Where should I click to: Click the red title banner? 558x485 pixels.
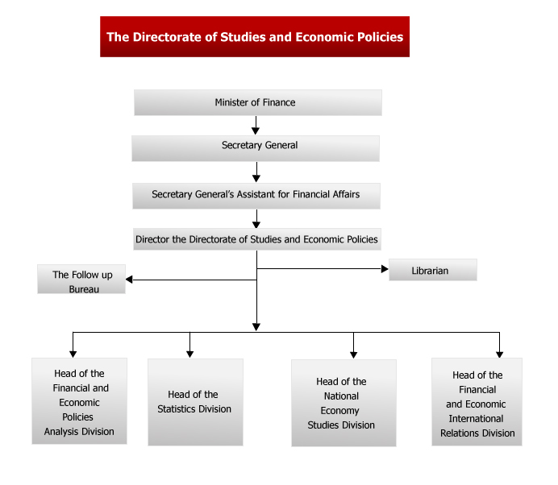(255, 36)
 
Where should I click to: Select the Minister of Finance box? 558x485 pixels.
(258, 102)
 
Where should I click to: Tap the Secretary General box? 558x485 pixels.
(256, 148)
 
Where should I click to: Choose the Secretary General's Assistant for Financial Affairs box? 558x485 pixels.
(256, 196)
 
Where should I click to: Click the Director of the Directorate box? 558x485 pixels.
(257, 239)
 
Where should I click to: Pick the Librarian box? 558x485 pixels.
(433, 270)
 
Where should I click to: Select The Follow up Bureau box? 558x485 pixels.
(81, 279)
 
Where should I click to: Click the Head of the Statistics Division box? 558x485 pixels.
(195, 402)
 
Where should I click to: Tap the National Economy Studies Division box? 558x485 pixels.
(344, 403)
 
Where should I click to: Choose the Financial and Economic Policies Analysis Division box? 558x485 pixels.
(79, 401)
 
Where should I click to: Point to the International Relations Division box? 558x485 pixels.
(477, 402)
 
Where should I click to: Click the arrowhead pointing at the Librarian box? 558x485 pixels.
(385, 269)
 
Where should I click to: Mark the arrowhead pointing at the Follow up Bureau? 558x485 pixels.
(129, 280)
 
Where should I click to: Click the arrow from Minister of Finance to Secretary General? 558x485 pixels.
(256, 125)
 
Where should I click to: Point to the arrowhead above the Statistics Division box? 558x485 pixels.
(190, 354)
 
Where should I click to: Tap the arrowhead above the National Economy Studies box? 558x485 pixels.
(353, 354)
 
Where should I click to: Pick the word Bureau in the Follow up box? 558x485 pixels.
(84, 289)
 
